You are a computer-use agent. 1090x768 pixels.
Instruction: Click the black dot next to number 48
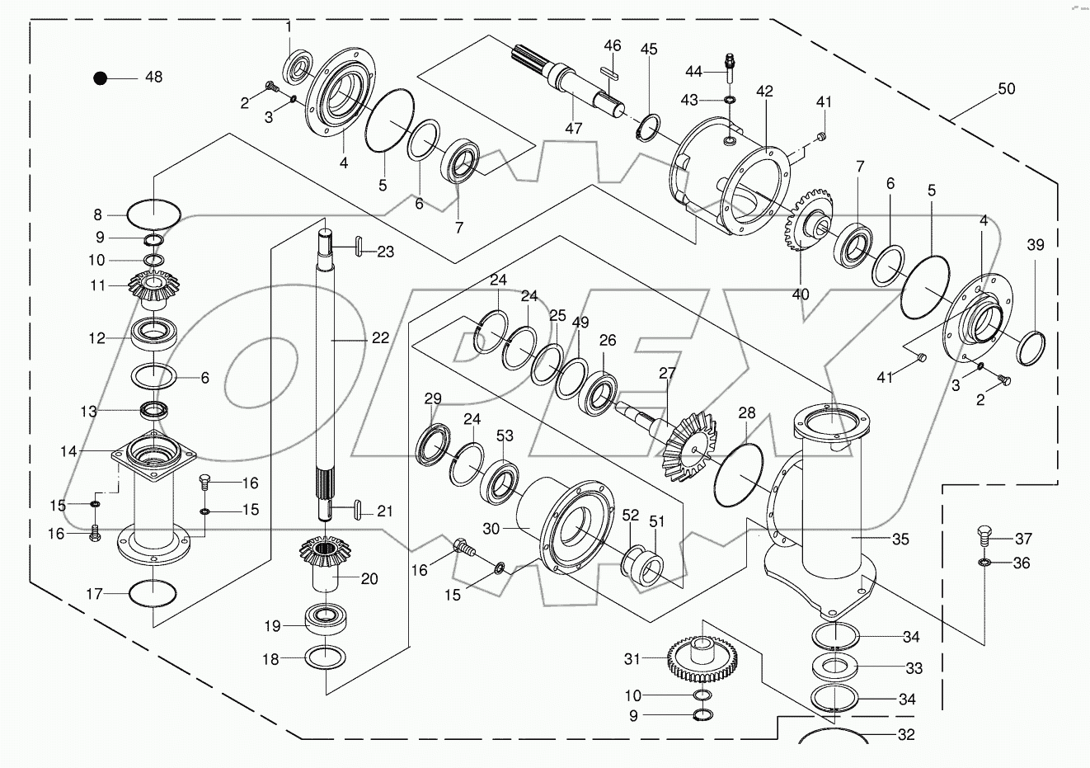tap(101, 78)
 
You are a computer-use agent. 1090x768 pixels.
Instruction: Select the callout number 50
tap(1006, 89)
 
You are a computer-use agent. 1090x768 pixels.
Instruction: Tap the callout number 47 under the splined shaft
tap(574, 129)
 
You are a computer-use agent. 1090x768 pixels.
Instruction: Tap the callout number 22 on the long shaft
tap(379, 337)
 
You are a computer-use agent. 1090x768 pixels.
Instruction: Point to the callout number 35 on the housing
tap(900, 539)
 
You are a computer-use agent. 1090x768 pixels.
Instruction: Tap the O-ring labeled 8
tap(153, 214)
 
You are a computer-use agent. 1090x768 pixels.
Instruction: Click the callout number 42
tap(764, 91)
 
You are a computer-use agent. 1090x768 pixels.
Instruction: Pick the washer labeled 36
tap(984, 563)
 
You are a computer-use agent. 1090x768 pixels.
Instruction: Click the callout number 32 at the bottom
tap(906, 734)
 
